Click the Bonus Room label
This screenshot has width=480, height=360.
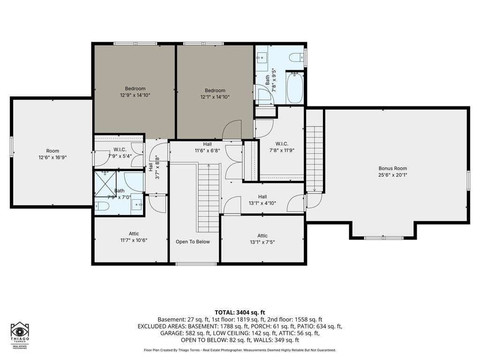tap(393, 168)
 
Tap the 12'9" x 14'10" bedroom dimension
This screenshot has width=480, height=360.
tap(135, 95)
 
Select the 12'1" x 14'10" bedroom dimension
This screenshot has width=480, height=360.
tap(215, 97)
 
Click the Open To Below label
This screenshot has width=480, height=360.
tap(193, 242)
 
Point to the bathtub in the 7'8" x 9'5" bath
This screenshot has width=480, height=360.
tap(294, 88)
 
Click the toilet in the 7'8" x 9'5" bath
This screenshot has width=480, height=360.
tap(296, 57)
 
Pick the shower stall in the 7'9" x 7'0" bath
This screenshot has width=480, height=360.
tap(105, 184)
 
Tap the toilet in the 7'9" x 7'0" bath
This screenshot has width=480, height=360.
tap(102, 206)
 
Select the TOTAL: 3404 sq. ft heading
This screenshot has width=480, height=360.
tap(240, 313)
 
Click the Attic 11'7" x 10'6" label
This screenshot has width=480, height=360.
tap(134, 237)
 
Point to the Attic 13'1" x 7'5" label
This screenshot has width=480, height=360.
tap(262, 239)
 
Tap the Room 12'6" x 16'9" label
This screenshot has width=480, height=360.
tap(52, 154)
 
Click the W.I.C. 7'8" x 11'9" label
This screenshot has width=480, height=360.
tap(282, 147)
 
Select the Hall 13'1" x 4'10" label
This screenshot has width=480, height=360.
tap(262, 200)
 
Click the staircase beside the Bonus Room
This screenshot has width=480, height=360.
tap(315, 150)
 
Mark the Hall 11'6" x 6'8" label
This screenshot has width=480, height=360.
tap(207, 147)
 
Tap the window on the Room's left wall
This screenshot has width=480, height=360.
tap(12, 147)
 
